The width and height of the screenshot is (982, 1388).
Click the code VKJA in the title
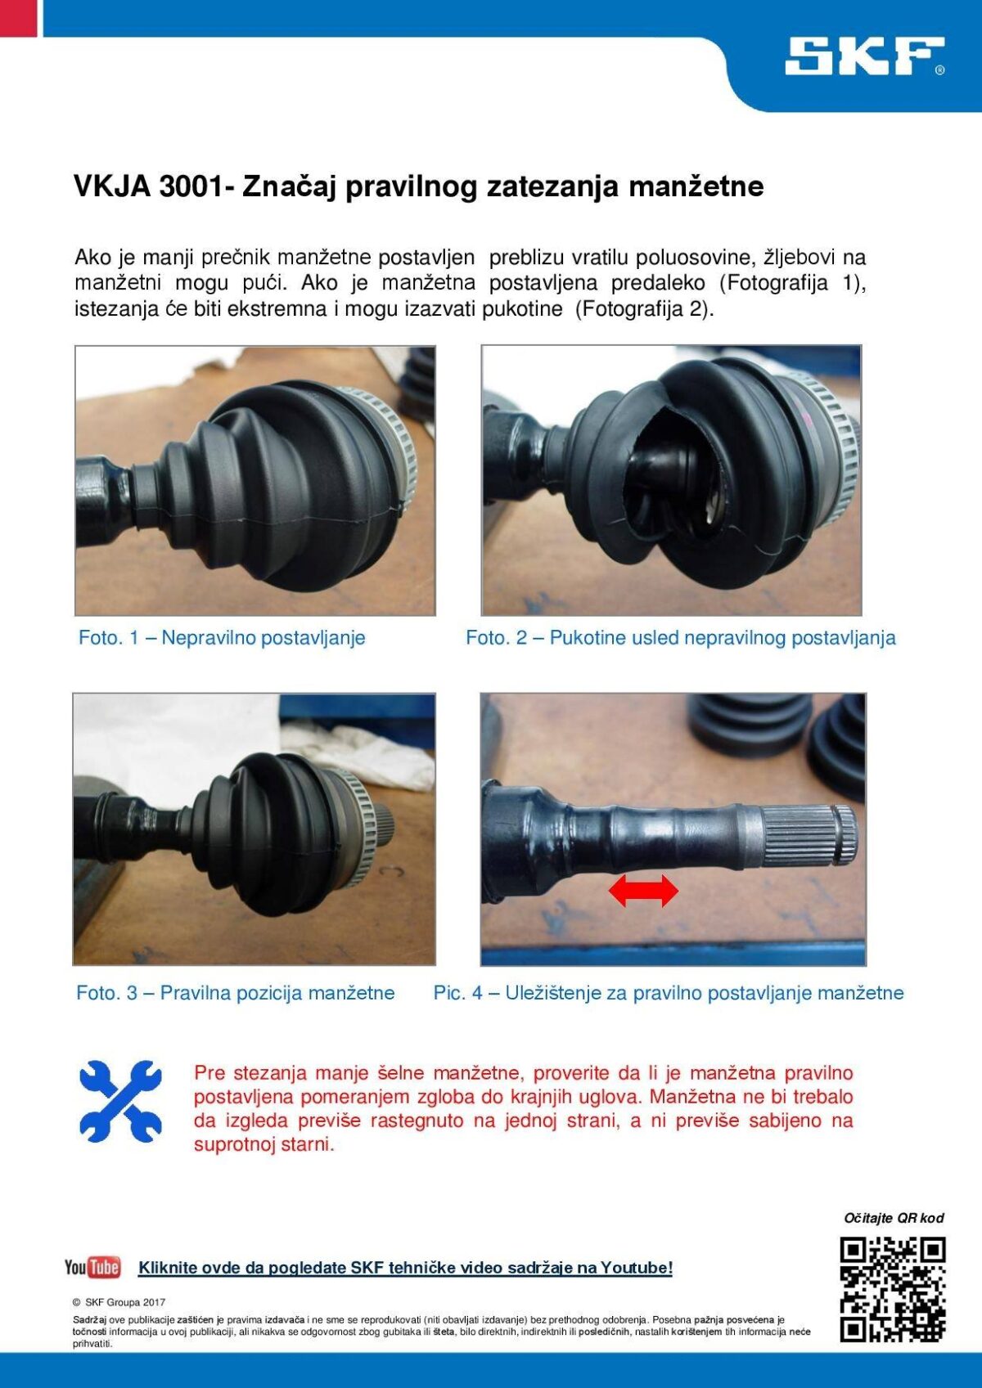[111, 186]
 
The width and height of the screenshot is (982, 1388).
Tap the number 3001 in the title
[189, 186]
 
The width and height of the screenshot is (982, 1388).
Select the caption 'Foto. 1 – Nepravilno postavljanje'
[221, 637]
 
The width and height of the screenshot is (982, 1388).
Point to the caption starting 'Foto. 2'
[681, 637]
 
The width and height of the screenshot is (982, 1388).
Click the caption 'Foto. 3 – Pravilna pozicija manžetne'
[235, 993]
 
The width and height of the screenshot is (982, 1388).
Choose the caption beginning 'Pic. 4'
[669, 993]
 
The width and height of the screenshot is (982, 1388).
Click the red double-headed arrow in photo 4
[643, 891]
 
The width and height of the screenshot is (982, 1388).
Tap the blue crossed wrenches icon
[120, 1102]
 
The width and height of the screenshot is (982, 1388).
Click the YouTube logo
[92, 1267]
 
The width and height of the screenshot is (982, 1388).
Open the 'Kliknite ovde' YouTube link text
[405, 1268]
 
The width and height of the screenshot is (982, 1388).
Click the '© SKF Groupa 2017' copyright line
[119, 1302]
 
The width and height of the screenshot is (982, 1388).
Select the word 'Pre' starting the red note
[209, 1072]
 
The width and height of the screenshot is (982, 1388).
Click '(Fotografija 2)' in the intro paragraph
[645, 308]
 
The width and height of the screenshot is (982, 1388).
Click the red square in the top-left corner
[19, 18]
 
